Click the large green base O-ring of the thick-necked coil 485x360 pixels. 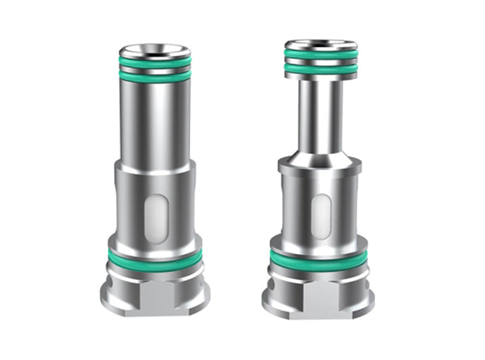154,257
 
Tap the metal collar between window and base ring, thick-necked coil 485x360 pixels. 154,241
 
